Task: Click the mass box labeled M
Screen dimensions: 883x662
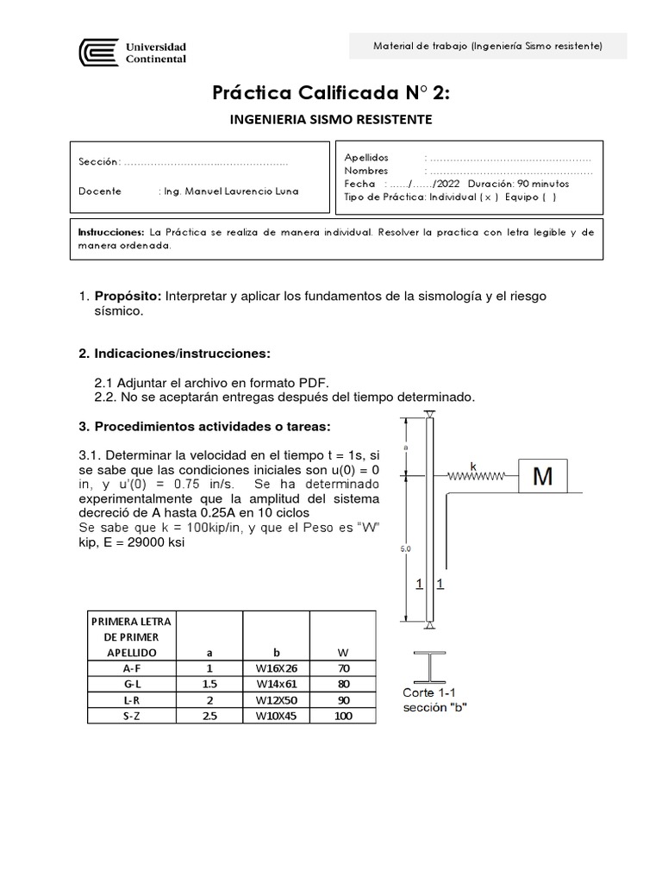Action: (543, 475)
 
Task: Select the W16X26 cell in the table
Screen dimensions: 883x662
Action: (277, 667)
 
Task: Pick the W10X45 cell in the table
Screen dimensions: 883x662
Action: (277, 716)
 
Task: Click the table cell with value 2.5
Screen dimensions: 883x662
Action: (209, 716)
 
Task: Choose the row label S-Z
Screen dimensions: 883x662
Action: (132, 716)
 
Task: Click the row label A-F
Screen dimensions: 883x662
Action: (132, 667)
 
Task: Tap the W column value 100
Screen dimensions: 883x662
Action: (342, 716)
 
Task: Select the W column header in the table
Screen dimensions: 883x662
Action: (342, 651)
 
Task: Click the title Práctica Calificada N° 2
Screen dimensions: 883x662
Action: (331, 92)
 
